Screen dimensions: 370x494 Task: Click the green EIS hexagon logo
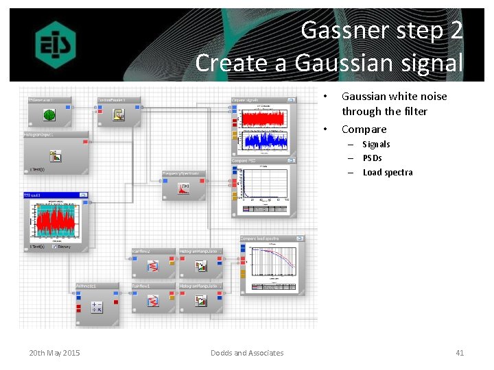click(x=56, y=45)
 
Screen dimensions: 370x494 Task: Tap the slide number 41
click(x=460, y=353)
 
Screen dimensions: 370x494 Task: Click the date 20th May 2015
click(x=54, y=353)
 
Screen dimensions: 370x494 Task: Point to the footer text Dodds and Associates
click(x=247, y=353)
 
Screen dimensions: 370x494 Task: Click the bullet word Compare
click(x=364, y=129)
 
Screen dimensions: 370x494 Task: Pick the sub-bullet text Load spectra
click(x=388, y=173)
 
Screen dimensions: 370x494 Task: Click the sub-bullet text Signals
click(x=376, y=145)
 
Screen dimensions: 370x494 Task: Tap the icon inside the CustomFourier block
click(x=119, y=115)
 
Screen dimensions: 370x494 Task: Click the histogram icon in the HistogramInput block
click(x=56, y=155)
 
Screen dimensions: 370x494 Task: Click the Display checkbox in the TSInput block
click(x=55, y=247)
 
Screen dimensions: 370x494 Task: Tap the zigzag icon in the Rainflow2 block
click(x=153, y=266)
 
